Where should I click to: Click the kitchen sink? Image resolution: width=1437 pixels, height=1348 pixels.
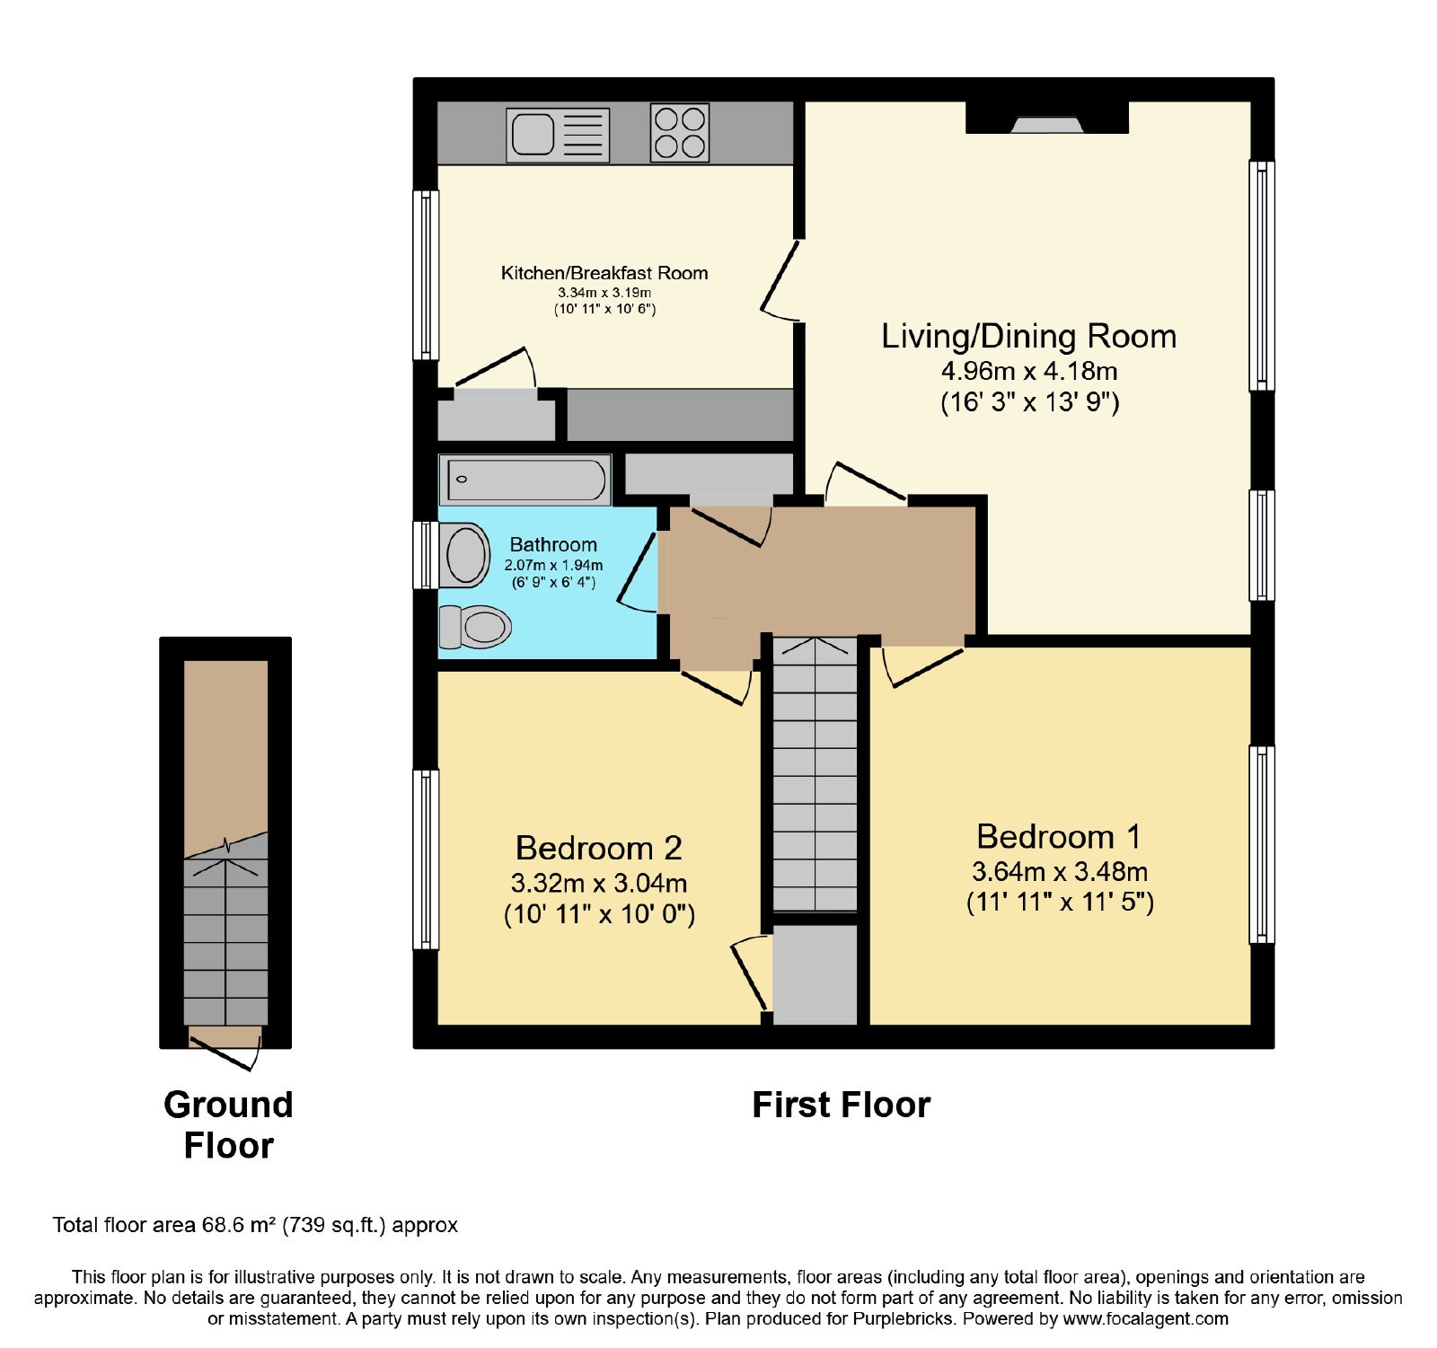558,135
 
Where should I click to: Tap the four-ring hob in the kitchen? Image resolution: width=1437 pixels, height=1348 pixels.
680,133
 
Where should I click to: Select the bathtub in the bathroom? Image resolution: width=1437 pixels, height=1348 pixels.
525,480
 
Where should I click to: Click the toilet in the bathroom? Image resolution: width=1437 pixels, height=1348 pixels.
475,626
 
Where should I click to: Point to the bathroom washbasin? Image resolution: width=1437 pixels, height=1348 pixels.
464,555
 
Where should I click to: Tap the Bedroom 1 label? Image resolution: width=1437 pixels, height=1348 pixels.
1059,836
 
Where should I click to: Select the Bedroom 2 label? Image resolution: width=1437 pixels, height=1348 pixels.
599,848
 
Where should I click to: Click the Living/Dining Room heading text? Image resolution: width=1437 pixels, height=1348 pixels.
1028,336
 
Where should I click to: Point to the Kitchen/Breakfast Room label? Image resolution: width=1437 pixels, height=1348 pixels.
604,273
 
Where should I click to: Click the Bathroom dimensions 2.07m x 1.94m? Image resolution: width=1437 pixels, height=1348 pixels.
553,565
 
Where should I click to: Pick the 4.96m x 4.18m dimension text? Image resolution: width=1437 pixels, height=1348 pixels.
1029,370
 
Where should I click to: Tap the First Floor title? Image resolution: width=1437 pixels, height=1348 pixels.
841,1105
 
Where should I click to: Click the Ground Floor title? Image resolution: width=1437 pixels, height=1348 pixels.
228,1124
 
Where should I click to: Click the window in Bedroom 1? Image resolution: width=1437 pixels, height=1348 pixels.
1262,844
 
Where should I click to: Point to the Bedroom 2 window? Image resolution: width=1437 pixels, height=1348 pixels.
426,859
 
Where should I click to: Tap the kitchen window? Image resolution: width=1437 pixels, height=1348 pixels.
426,275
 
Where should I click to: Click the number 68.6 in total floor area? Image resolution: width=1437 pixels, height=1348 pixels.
223,1225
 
